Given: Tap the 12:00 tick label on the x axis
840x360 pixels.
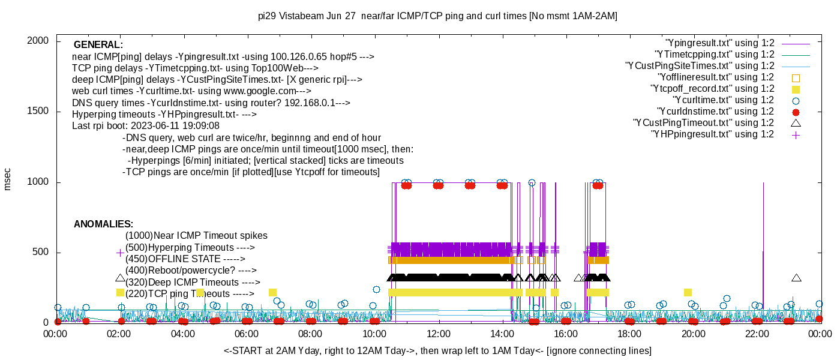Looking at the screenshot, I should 438,334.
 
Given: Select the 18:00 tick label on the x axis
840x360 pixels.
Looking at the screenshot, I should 629,334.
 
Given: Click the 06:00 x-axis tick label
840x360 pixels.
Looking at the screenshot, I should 247,334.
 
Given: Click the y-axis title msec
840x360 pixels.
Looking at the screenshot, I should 8,179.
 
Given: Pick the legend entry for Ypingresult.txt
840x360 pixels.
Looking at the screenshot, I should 720,43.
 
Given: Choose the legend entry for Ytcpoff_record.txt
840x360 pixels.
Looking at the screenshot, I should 712,89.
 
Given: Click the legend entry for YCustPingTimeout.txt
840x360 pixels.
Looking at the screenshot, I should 704,123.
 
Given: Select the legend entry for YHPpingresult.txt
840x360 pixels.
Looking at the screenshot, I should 712,134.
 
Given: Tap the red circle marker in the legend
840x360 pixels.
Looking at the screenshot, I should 796,112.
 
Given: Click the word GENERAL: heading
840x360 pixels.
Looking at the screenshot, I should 98,45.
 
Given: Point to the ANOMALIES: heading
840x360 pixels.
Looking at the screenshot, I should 103,224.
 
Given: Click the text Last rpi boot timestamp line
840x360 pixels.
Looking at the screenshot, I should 146,126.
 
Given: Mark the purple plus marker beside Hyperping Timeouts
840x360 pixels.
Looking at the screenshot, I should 120,253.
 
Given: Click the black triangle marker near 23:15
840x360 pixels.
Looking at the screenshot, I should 796,278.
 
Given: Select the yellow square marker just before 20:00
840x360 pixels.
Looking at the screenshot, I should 688,293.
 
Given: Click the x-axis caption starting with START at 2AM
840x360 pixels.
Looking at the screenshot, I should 437,350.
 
